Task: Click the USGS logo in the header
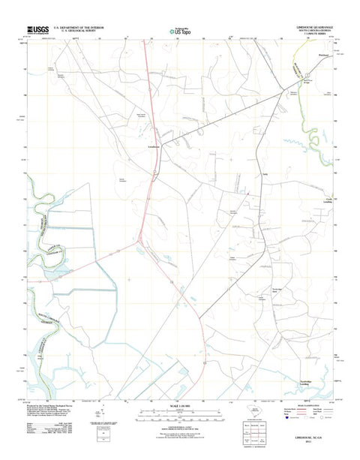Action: [39, 30]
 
